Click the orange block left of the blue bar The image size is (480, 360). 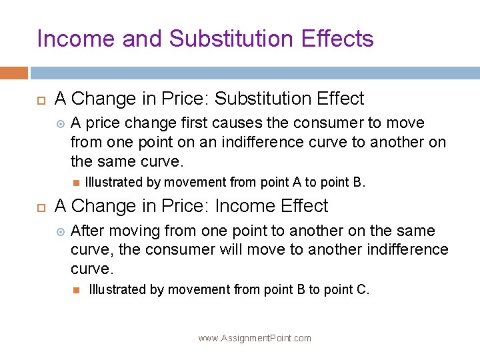pyautogui.click(x=13, y=73)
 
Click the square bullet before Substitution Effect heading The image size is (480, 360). pyautogui.click(x=40, y=99)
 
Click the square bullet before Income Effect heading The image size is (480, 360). pyautogui.click(x=40, y=207)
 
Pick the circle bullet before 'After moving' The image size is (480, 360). pyautogui.click(x=60, y=231)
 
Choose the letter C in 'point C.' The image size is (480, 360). pyautogui.click(x=362, y=289)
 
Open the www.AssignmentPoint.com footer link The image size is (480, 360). pyautogui.click(x=255, y=338)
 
